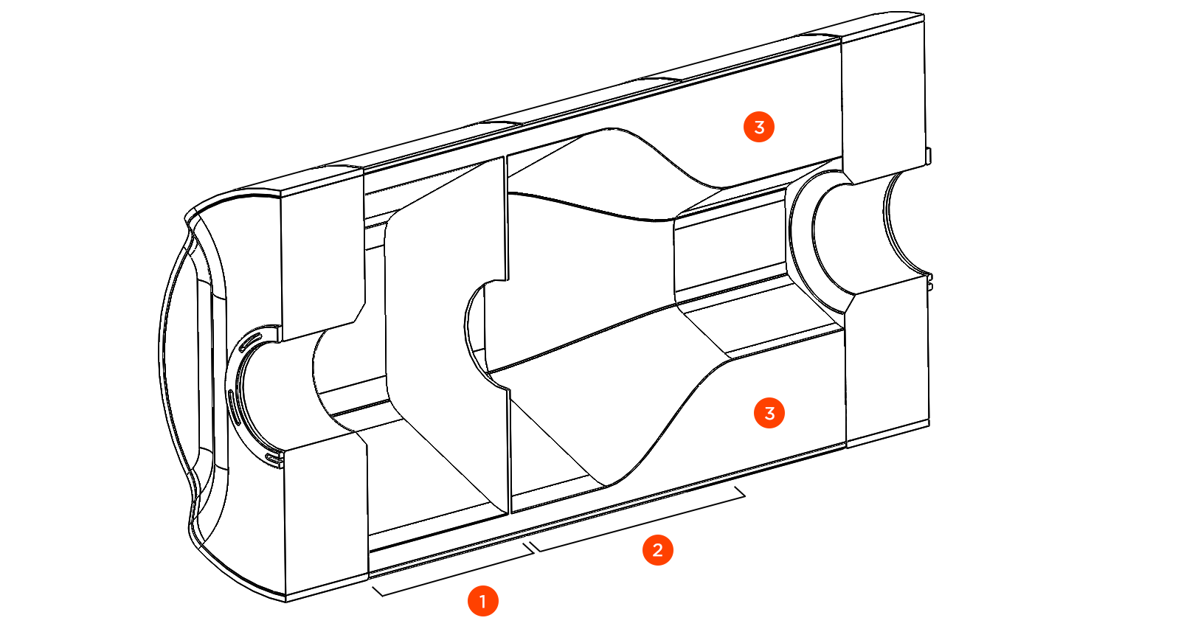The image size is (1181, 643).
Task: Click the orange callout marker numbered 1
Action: [x=483, y=601]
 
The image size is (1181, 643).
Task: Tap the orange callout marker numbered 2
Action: [x=657, y=549]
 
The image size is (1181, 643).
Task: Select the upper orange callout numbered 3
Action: [x=759, y=127]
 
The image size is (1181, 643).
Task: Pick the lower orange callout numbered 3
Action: [x=769, y=413]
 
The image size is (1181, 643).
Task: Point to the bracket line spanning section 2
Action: [x=639, y=521]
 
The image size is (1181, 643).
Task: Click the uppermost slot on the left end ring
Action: [x=250, y=341]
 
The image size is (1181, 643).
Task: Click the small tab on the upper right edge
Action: [x=928, y=156]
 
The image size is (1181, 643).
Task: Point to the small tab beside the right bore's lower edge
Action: [x=930, y=282]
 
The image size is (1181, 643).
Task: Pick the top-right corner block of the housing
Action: [x=884, y=96]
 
